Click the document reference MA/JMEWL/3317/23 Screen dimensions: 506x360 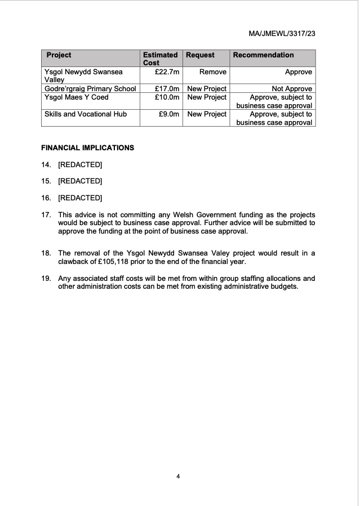[x=281, y=34]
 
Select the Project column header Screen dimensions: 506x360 [x=59, y=55]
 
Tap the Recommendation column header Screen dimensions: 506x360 [x=263, y=55]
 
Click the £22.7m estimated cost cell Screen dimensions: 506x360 [x=167, y=72]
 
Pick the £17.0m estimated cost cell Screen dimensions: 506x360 [x=167, y=88]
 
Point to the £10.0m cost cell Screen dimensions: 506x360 [x=167, y=97]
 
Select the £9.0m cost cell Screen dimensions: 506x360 [x=168, y=114]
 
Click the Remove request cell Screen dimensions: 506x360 [x=212, y=72]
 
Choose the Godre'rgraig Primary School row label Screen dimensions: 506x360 [x=90, y=88]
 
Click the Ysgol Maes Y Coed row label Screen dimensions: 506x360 [x=76, y=97]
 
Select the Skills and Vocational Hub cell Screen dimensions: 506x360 [x=86, y=114]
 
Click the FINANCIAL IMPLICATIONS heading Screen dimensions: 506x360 [x=88, y=148]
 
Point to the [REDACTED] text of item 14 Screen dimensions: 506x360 [x=80, y=165]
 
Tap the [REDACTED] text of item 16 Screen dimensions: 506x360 [x=80, y=198]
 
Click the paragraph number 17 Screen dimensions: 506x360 [x=46, y=215]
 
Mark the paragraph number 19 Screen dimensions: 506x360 [x=46, y=279]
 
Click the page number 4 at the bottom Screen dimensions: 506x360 [x=178, y=477]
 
